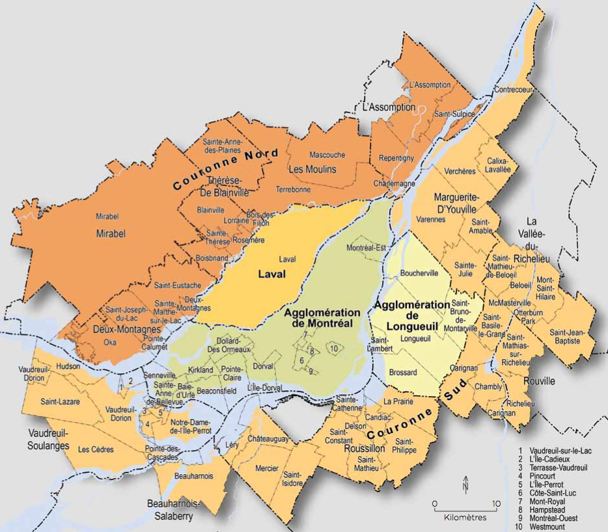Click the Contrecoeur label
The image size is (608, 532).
(514, 89)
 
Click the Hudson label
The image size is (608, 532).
(68, 366)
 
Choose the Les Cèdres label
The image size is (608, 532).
(96, 449)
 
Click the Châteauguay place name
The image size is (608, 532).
(268, 440)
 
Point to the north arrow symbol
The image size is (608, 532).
(465, 483)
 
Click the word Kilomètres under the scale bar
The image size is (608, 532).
(465, 518)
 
